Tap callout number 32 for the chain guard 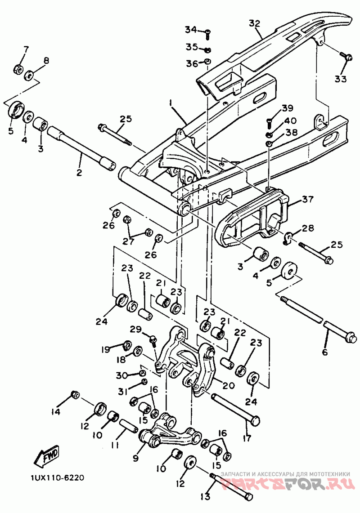254,24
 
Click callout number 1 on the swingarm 171,103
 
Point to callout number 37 308,199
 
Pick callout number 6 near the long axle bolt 324,352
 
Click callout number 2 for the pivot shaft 79,173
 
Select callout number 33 341,79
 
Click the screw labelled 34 208,34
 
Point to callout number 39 287,107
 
